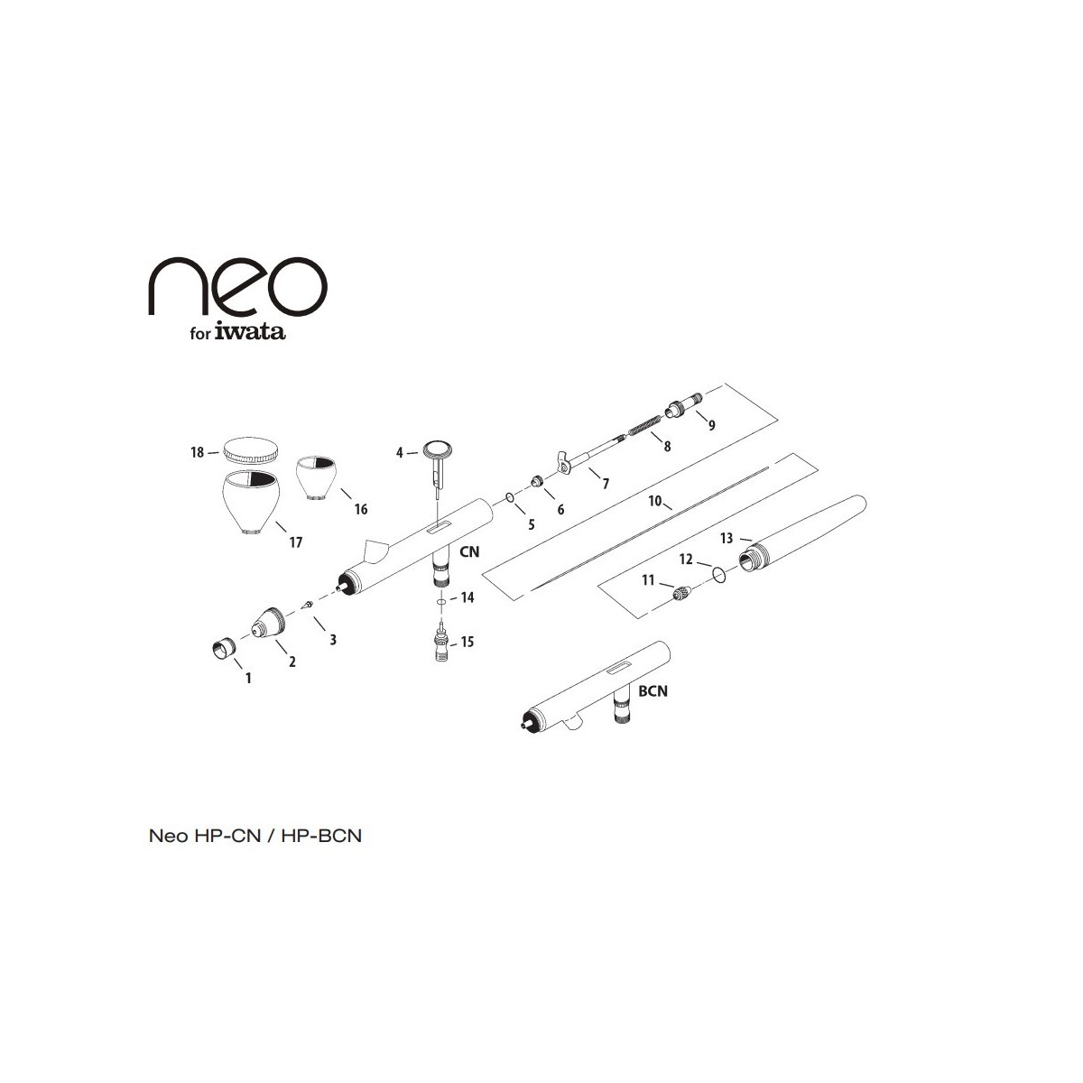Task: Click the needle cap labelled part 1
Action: pos(223,649)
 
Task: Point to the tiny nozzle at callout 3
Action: pos(307,606)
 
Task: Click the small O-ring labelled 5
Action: pos(510,497)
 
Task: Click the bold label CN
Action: pos(469,552)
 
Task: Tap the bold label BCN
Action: pos(653,690)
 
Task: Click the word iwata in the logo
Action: pos(250,331)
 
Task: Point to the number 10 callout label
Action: pos(655,501)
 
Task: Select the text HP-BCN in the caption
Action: pos(321,836)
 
